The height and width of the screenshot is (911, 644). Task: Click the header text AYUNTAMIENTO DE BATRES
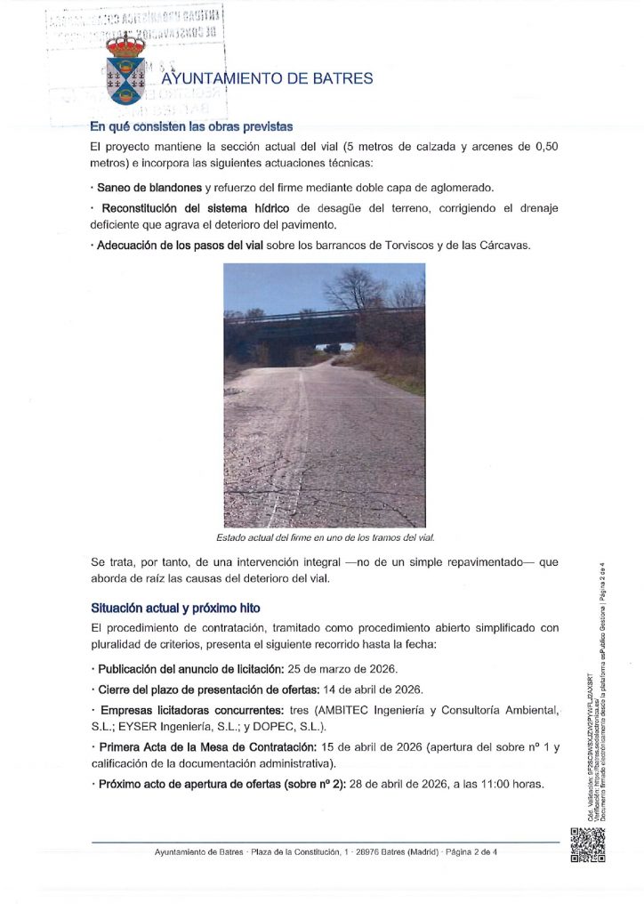tap(267, 78)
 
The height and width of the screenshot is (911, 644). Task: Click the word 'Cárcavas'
tap(504, 246)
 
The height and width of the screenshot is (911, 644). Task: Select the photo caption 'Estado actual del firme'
tap(325, 538)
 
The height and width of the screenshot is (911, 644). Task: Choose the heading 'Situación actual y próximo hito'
tap(175, 609)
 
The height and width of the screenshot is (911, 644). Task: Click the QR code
tap(586, 845)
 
